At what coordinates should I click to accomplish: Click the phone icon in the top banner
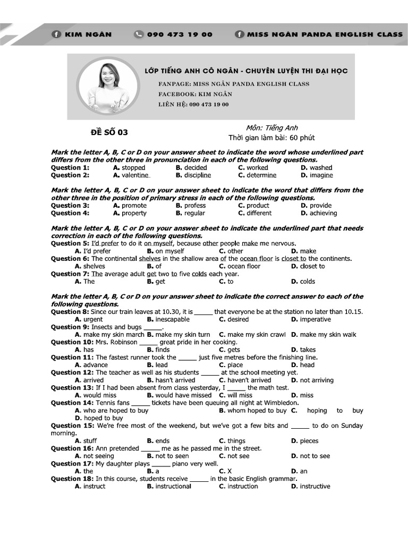pos(139,35)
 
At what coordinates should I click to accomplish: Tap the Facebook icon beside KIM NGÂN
pos(56,35)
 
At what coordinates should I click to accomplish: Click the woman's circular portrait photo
pos(107,86)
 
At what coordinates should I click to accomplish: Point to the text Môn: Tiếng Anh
pos(271,128)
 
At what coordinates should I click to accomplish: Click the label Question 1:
pos(70,167)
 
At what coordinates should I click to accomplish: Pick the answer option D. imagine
pos(317,175)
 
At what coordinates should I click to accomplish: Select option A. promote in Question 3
pos(130,206)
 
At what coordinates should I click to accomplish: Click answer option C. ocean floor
pos(240,266)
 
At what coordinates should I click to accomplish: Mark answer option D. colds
pos(303,282)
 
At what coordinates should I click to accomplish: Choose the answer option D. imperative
pos(311,319)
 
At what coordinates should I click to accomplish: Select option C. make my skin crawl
pos(252,335)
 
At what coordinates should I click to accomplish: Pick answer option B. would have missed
pos(179,395)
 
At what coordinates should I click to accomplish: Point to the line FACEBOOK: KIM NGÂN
pos(195,94)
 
